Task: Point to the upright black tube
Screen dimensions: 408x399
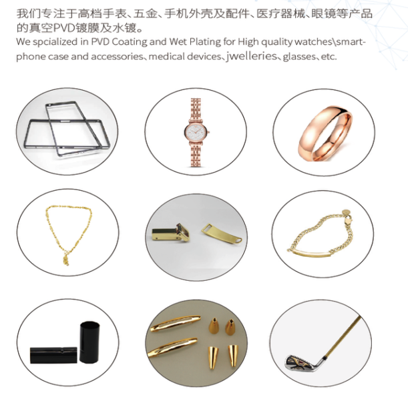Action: pyautogui.click(x=89, y=342)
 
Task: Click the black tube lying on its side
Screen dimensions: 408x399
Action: pyautogui.click(x=53, y=355)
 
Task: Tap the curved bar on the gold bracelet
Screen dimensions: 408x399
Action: pyautogui.click(x=312, y=253)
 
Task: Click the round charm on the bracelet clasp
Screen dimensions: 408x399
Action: pyautogui.click(x=345, y=212)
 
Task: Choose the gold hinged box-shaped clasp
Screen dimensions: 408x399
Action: pyautogui.click(x=171, y=232)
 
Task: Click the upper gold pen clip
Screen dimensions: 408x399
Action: pyautogui.click(x=175, y=323)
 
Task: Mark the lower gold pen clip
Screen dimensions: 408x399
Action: pyautogui.click(x=172, y=347)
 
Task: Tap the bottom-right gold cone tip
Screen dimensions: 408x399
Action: pyautogui.click(x=233, y=355)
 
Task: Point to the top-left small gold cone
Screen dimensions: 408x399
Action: pyautogui.click(x=214, y=325)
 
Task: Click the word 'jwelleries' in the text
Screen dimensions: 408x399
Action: pyautogui.click(x=251, y=56)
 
